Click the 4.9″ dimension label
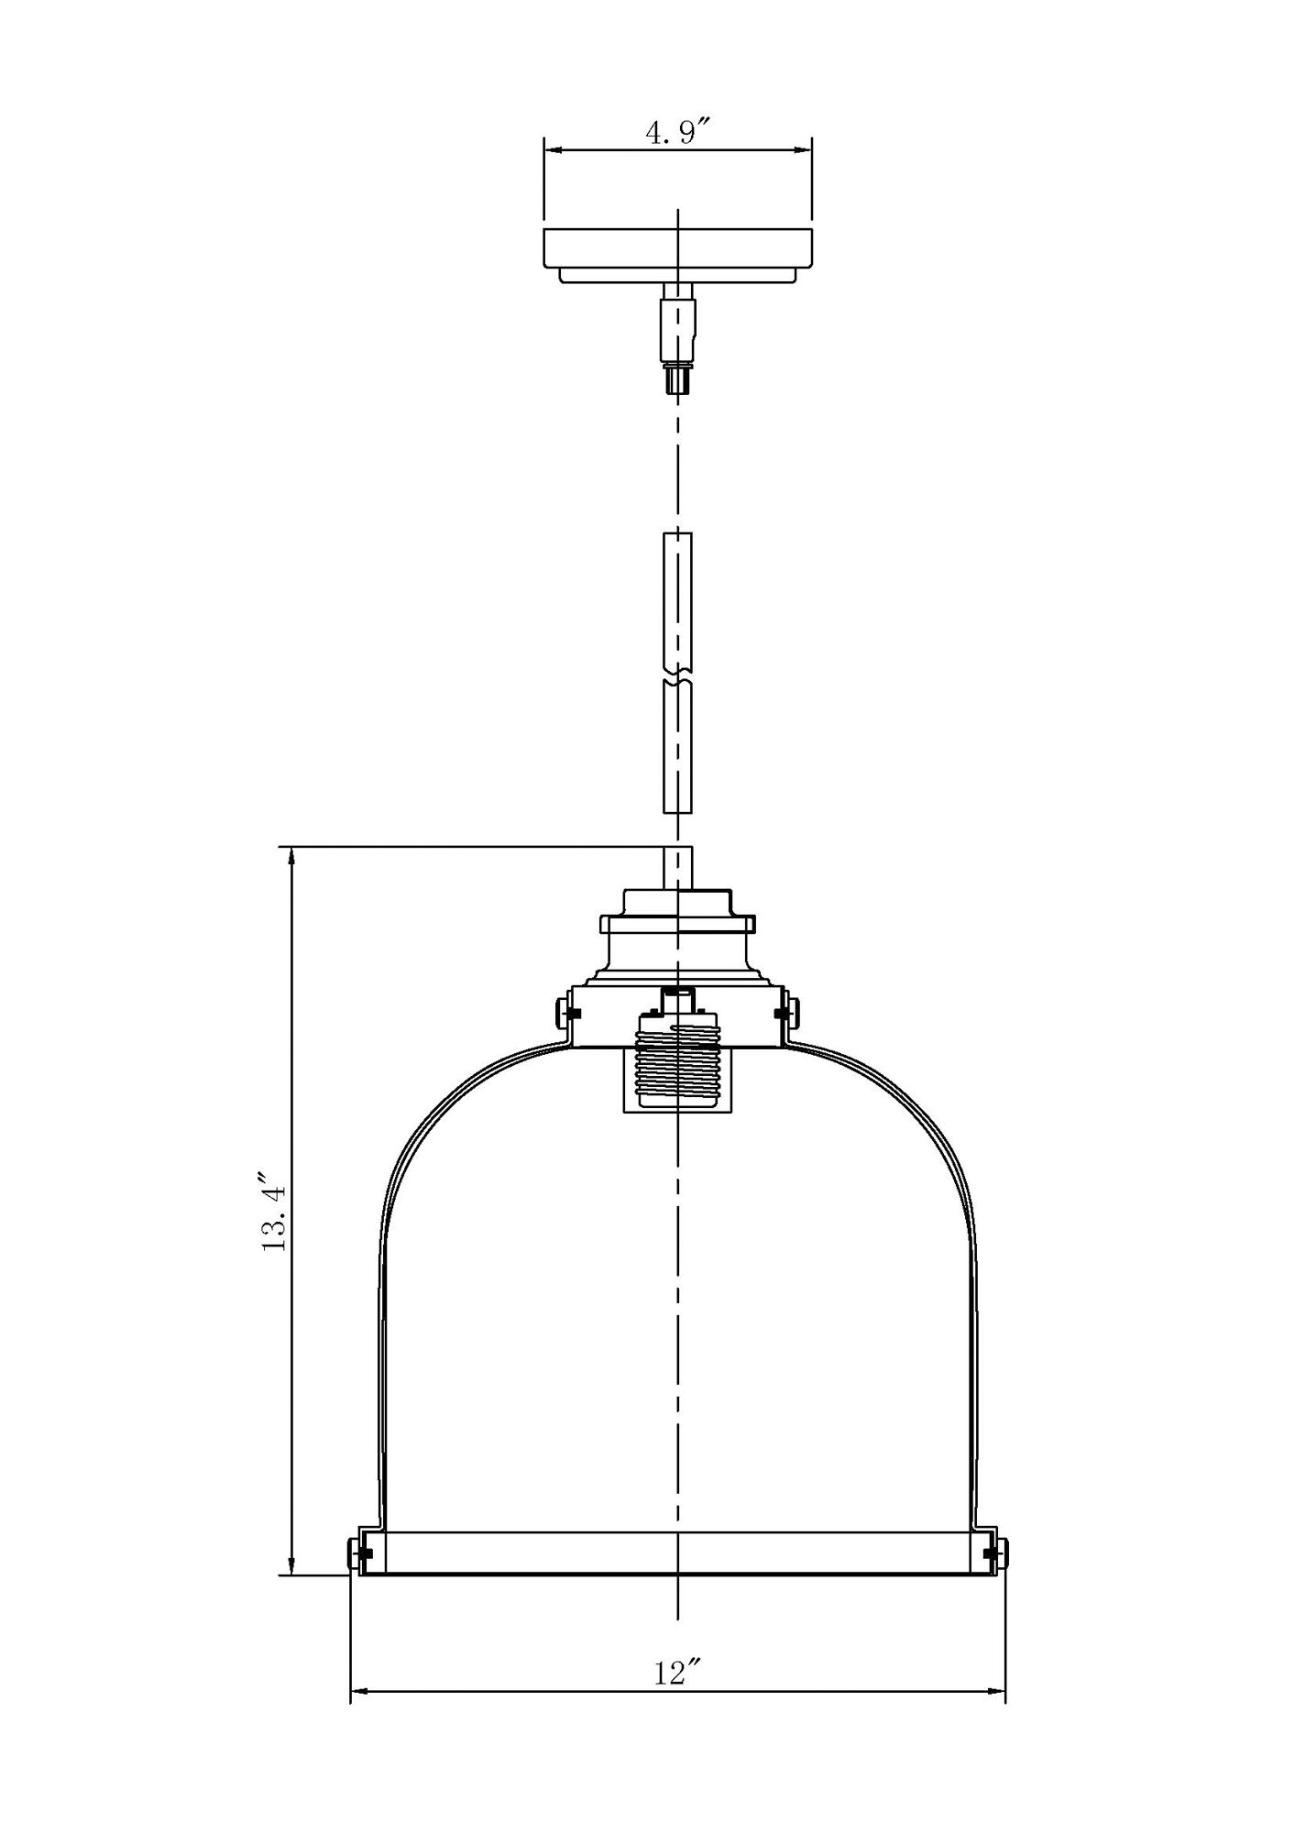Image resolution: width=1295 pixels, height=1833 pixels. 679,133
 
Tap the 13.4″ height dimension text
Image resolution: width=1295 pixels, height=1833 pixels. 274,1211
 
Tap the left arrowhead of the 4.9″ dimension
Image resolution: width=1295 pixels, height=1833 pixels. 552,149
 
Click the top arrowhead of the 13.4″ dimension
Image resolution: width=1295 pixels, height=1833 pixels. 292,857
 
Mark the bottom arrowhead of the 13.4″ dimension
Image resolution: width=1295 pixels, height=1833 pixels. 292,1567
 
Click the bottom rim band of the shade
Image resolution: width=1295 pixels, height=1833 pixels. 677,1553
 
